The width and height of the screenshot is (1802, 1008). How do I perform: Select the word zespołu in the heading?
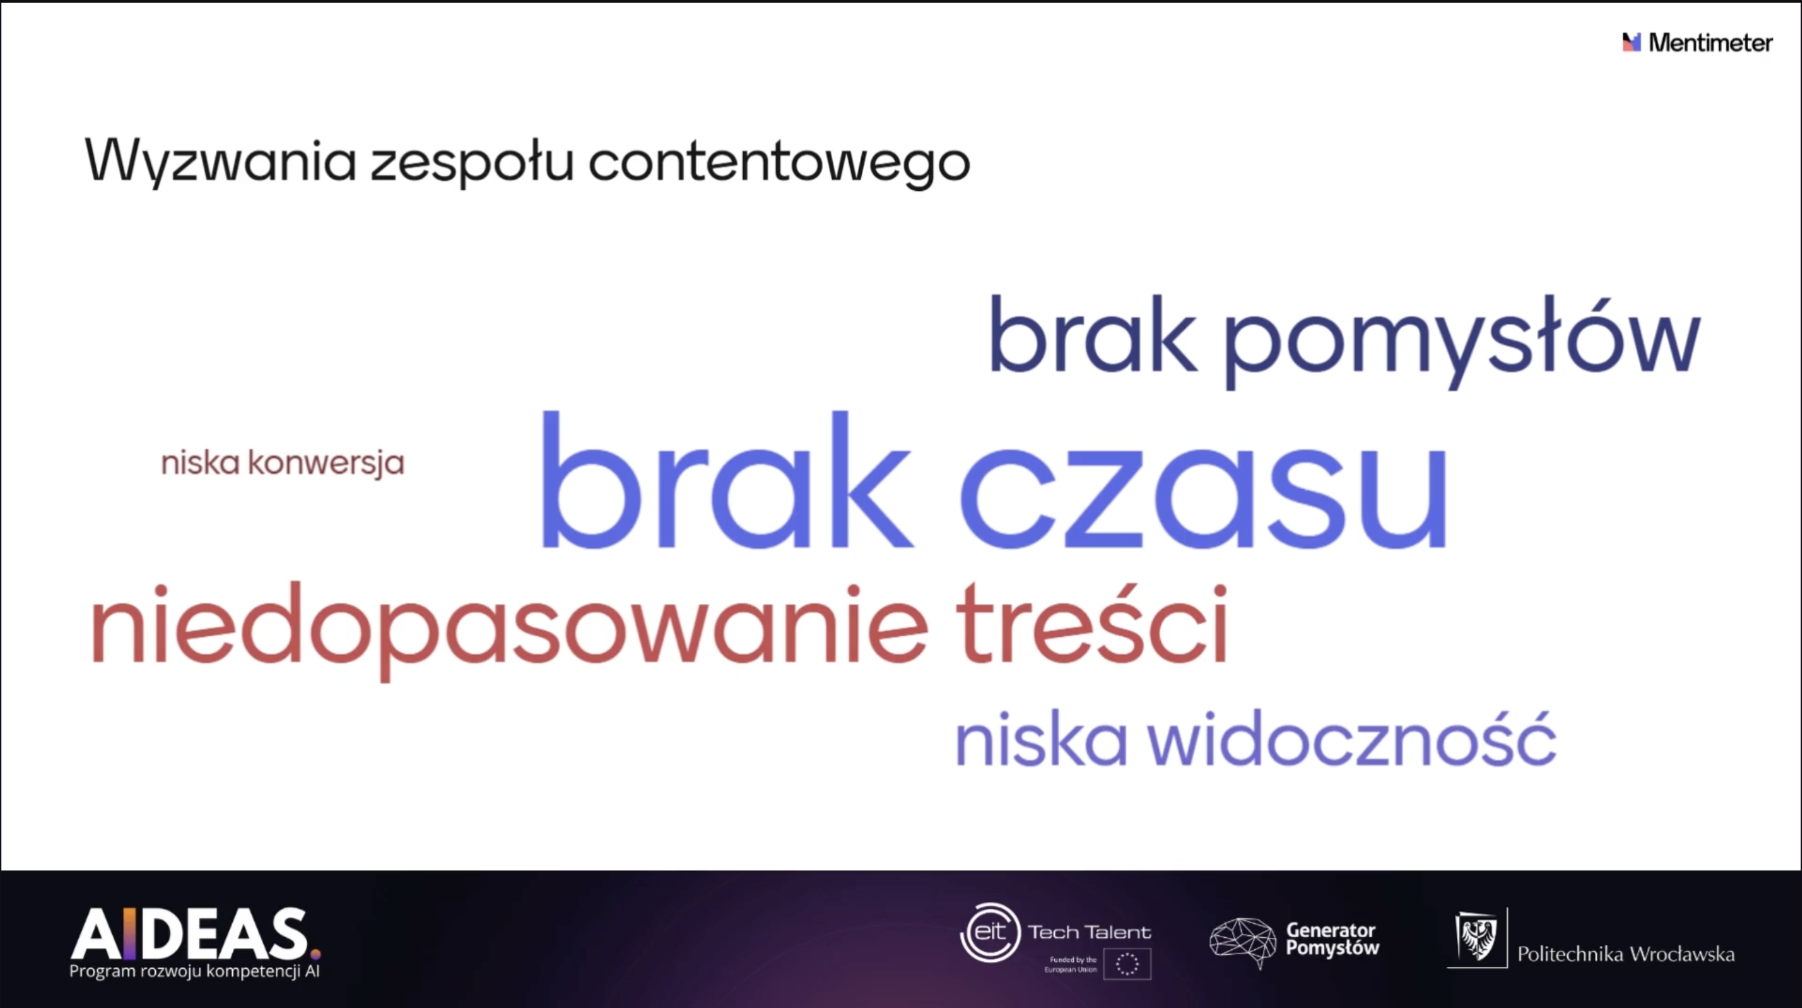(472, 163)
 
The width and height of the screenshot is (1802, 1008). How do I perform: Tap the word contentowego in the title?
(780, 163)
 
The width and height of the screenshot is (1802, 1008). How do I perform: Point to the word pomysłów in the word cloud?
(1461, 339)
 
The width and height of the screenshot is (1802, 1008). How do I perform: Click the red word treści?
(1092, 623)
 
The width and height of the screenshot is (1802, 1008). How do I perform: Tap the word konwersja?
(326, 464)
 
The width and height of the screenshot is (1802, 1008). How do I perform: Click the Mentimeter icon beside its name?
(1632, 42)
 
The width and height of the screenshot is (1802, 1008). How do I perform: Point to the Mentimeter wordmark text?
(1710, 43)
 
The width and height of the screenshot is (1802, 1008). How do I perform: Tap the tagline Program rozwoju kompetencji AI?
(194, 972)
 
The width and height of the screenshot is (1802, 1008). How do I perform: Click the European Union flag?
(1127, 964)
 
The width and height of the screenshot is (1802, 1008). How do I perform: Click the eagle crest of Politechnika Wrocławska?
(1477, 937)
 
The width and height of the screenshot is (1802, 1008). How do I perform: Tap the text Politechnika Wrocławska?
(1626, 954)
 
